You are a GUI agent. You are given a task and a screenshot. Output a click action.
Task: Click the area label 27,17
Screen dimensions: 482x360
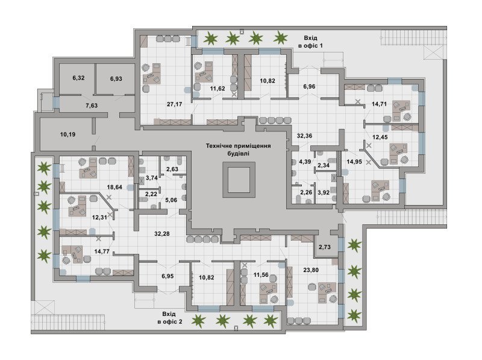tap(174, 104)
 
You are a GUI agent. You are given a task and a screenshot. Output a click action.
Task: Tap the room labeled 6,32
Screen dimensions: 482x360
tap(78, 78)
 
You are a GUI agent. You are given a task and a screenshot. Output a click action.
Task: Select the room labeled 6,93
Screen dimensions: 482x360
tap(116, 79)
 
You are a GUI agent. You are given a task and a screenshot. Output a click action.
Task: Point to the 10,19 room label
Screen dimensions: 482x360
tap(67, 134)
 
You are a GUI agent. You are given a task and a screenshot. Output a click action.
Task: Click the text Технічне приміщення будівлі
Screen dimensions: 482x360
tap(239, 149)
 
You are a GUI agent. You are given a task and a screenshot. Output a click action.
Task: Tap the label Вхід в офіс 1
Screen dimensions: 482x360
tap(310, 42)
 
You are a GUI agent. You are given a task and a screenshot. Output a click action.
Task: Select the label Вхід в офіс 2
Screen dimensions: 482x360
tap(169, 318)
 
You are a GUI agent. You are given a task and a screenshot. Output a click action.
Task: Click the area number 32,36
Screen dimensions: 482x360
tap(304, 136)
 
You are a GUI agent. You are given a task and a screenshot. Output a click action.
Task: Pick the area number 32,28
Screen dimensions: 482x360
tap(161, 234)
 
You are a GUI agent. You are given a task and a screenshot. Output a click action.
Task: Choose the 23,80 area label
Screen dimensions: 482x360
tap(311, 270)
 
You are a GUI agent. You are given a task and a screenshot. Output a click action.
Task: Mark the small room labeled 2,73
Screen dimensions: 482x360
tap(325, 247)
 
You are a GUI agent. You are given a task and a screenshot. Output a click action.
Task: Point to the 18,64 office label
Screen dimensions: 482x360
tap(114, 187)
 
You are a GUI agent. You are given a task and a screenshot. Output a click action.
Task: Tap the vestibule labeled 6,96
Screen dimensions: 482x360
tap(309, 86)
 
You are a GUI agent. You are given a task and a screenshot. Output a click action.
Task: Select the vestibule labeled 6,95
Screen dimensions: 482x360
tap(167, 276)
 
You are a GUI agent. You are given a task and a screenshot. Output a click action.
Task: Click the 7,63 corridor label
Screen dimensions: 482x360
tap(92, 106)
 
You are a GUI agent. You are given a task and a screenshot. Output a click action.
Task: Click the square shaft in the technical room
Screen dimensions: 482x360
tap(239, 180)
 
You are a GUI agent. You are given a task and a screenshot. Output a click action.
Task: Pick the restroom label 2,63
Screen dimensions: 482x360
tap(172, 169)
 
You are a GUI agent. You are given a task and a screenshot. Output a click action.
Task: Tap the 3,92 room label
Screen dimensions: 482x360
tap(324, 193)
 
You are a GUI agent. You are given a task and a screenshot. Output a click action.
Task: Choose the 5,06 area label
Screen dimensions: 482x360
tap(171, 200)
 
